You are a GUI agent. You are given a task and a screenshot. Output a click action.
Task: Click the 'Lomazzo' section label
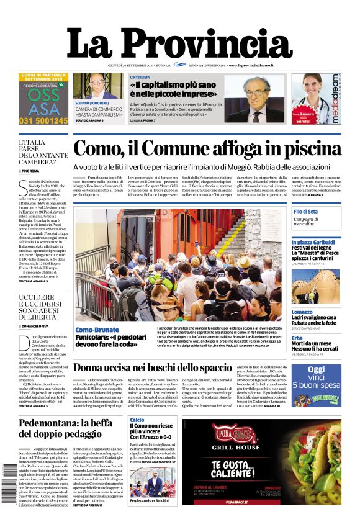tap(302, 312)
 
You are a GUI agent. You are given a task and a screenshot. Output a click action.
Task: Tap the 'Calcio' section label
tap(137, 420)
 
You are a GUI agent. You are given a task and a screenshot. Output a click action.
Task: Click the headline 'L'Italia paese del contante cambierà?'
tap(43, 153)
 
